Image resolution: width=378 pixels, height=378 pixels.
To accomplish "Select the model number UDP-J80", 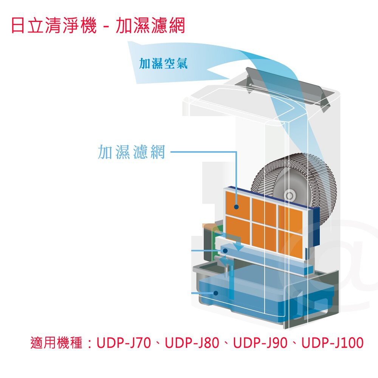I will pos(192,343).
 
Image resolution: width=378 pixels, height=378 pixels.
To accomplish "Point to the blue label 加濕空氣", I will pos(163,64).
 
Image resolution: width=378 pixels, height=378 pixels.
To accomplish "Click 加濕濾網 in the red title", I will pos(150,25).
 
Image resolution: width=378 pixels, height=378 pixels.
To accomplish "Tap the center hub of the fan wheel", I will pos(290,195).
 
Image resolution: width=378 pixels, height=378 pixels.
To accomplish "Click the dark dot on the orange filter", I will pos(236,207).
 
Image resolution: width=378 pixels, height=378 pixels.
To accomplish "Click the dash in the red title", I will pos(106,26).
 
